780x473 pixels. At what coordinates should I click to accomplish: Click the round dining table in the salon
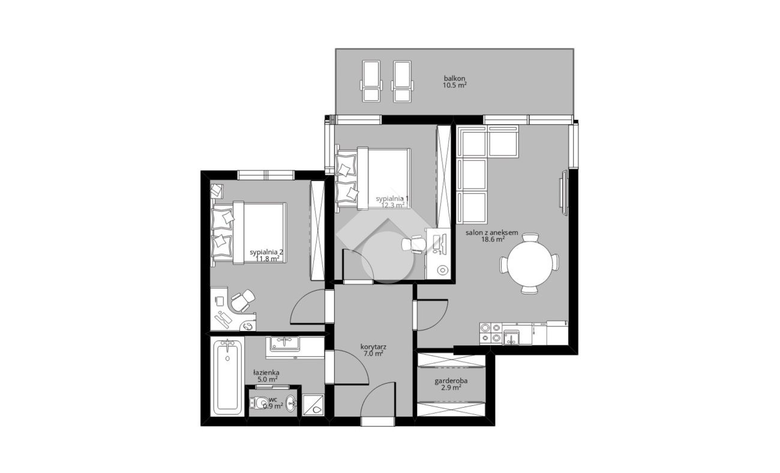[529, 264]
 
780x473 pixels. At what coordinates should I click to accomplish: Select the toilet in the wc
[257, 403]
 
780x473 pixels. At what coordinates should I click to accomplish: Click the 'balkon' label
[454, 79]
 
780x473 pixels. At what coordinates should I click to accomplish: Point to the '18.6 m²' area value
[493, 239]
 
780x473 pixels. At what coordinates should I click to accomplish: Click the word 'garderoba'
[451, 381]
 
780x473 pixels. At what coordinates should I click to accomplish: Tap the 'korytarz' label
[373, 347]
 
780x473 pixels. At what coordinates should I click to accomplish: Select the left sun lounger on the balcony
[371, 81]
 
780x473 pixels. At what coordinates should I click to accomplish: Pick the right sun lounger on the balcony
[402, 81]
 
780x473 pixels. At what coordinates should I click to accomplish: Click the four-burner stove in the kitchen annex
[491, 333]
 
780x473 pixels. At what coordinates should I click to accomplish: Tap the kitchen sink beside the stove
[511, 338]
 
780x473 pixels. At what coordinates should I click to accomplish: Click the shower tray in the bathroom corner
[313, 405]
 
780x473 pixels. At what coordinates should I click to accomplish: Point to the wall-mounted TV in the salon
[563, 193]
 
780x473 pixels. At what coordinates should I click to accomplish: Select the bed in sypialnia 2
[248, 233]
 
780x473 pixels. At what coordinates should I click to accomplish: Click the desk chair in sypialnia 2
[243, 300]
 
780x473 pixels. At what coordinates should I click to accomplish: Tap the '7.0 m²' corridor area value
[373, 354]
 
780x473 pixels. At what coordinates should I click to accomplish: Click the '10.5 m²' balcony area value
[454, 85]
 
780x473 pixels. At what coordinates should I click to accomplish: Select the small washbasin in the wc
[291, 403]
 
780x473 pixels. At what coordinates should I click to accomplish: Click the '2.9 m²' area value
[451, 388]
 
